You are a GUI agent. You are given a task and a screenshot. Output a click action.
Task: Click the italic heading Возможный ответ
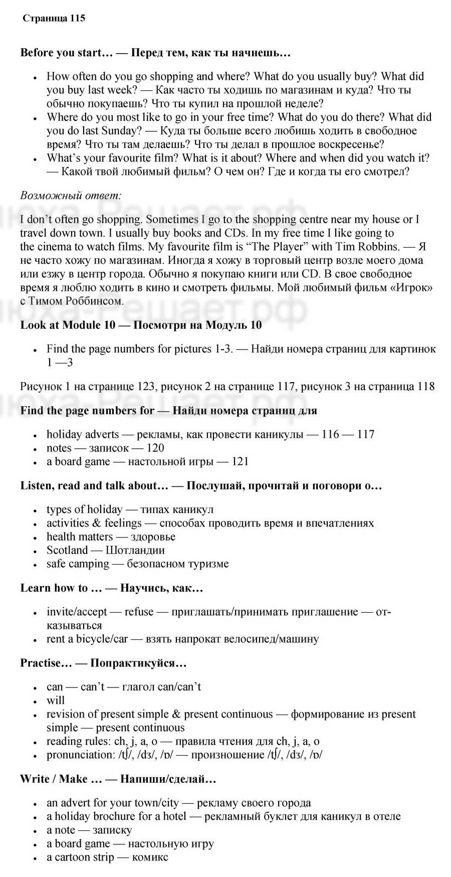(x=71, y=195)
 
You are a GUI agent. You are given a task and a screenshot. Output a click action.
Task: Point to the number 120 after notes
(x=155, y=448)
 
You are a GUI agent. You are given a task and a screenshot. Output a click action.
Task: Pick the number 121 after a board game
(x=240, y=461)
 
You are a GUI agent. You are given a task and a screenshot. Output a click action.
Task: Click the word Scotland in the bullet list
(x=67, y=550)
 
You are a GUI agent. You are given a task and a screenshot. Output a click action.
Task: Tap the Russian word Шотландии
(x=135, y=550)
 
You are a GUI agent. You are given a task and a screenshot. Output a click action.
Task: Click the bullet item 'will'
(x=56, y=700)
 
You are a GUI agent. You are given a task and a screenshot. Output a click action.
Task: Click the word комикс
(x=150, y=857)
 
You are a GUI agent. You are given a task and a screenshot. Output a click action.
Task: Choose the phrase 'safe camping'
(x=78, y=564)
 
